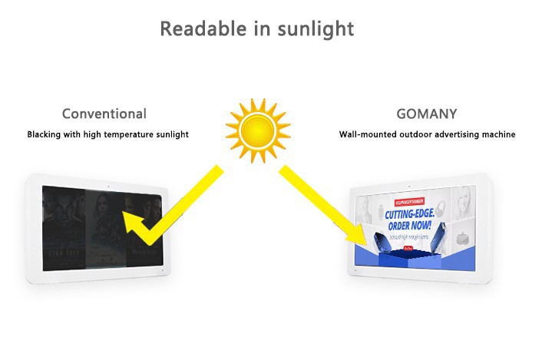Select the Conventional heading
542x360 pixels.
click(104, 114)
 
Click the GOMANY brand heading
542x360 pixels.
click(426, 114)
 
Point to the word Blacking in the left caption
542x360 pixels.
click(45, 134)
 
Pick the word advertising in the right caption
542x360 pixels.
click(456, 134)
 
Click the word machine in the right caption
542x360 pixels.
click(498, 134)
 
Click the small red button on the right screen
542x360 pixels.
click(408, 248)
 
